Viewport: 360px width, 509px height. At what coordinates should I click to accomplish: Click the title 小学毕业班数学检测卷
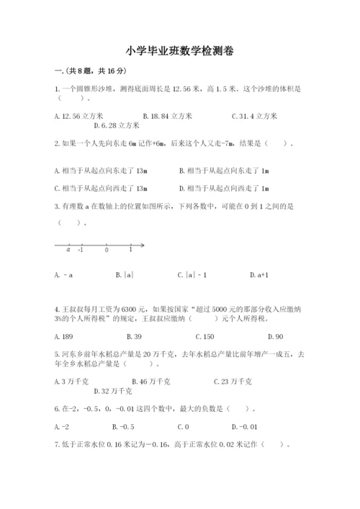pos(179,51)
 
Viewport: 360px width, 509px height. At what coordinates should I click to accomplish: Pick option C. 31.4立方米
pos(255,115)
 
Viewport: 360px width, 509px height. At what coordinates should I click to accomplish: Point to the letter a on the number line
pos(68,250)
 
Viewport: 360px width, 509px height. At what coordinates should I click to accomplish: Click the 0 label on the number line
pos(107,250)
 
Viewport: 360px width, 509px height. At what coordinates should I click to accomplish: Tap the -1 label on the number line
pos(80,250)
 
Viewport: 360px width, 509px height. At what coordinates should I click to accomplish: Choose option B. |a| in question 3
pos(125,274)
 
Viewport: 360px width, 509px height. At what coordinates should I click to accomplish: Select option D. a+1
pos(259,274)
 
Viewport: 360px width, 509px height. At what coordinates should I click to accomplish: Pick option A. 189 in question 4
pos(64,336)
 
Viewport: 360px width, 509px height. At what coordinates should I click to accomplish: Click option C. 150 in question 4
pos(204,336)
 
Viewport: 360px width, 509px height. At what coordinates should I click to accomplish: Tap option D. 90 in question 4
pos(275,336)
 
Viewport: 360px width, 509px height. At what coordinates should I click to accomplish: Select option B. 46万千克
pos(151,381)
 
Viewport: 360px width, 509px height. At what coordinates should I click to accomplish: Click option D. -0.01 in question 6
pos(248,426)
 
